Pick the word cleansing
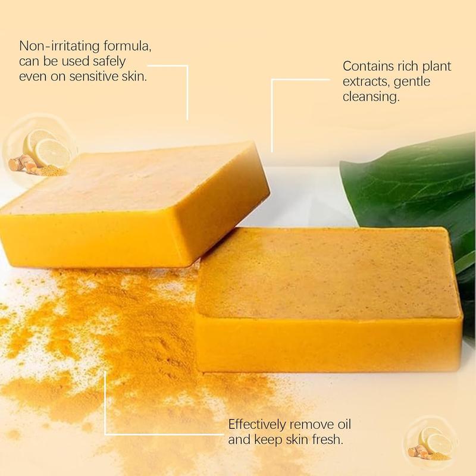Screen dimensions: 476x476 coord(370,96)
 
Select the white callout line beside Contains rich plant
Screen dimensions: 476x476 coord(273,113)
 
